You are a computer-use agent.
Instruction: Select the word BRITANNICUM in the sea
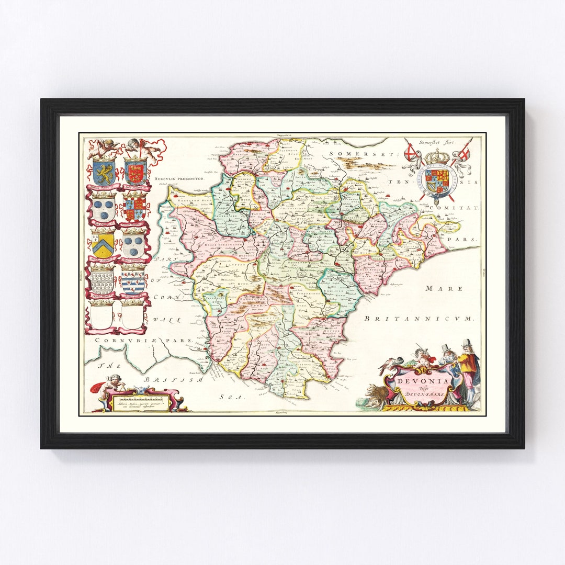[419, 318]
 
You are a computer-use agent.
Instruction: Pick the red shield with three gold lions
[135, 172]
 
